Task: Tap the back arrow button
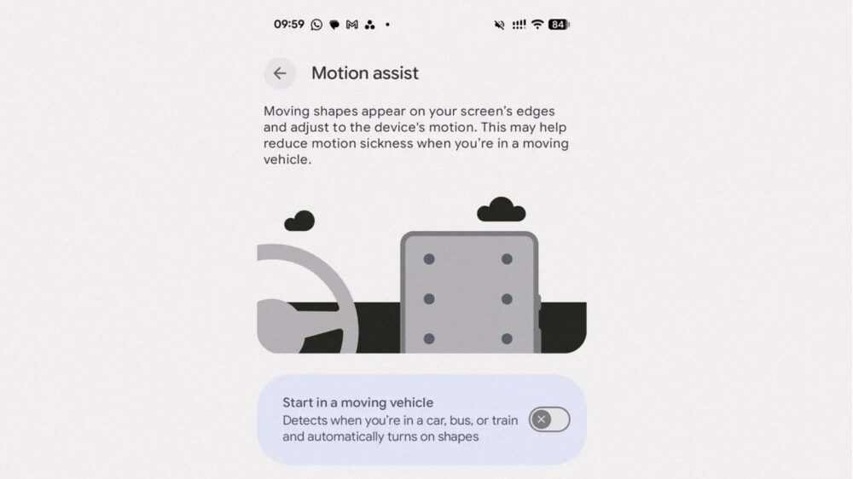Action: pos(280,72)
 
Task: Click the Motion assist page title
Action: pos(365,73)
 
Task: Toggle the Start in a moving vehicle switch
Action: pos(549,419)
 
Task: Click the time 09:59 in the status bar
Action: pos(289,25)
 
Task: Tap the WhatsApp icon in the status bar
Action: pos(316,25)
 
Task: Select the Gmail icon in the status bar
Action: pos(352,25)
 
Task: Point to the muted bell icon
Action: pos(499,25)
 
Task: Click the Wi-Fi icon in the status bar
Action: pos(537,25)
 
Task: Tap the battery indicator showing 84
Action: pos(559,25)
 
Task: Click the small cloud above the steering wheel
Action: pos(299,222)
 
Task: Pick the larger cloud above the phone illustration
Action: pos(501,210)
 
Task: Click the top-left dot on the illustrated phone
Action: pos(429,259)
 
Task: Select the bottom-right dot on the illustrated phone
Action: pos(507,338)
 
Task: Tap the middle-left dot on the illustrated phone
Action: pos(429,299)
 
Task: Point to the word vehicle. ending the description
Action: pos(287,159)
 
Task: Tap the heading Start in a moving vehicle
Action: pos(358,402)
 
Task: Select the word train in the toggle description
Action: pos(505,420)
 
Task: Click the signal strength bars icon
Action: pos(519,25)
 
